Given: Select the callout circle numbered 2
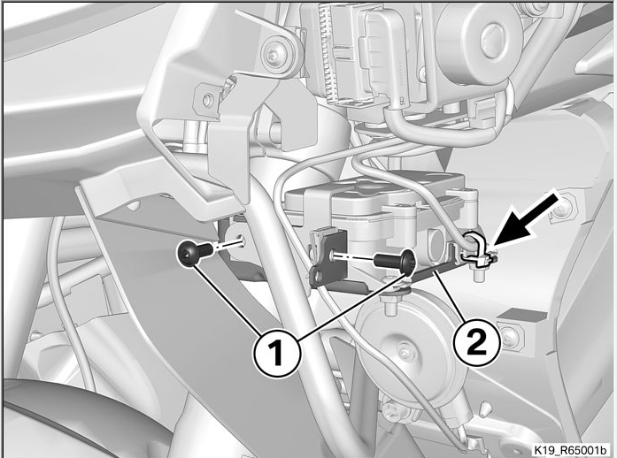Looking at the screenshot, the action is click(x=476, y=342).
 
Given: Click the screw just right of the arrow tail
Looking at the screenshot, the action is click(x=560, y=212).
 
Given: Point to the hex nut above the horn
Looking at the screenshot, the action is click(x=389, y=300).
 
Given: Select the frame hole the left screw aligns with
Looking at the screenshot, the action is click(x=241, y=241).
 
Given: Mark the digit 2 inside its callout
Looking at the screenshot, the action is click(x=476, y=342).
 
